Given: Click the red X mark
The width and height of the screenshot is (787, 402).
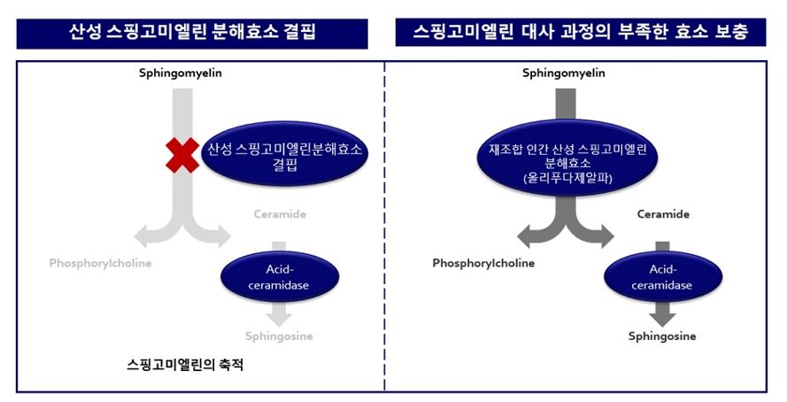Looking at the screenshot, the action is tap(182, 155).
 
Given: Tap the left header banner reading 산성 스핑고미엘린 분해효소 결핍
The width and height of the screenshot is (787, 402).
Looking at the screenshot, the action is tap(192, 35).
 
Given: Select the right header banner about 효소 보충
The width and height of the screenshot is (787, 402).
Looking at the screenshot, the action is tap(581, 33).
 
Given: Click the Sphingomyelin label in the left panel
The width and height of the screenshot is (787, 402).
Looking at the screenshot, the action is tap(181, 73).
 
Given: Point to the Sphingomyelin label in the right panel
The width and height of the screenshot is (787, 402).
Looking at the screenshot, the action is tap(564, 73).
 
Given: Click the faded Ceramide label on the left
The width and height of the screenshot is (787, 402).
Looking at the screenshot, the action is tap(280, 214).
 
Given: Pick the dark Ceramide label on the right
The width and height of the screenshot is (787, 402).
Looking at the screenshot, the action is tap(663, 214).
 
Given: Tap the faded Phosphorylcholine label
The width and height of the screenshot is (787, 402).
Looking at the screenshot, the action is tap(100, 264).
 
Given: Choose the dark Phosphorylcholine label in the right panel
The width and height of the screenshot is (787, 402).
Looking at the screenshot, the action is tap(483, 264).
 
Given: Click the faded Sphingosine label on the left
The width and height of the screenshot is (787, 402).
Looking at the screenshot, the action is tap(279, 336).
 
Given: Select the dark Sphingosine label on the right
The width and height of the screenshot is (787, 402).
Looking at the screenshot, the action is tap(662, 336).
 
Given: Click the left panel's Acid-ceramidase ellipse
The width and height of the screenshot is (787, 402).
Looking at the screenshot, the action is tap(280, 277).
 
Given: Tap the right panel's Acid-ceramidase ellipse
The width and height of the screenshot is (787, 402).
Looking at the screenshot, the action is tap(662, 277).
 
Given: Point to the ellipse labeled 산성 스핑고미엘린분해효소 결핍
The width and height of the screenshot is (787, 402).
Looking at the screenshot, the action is tap(284, 153).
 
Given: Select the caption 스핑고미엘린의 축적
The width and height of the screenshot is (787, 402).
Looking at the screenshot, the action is tap(185, 364).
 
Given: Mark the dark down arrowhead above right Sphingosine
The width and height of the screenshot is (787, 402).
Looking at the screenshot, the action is tap(662, 319).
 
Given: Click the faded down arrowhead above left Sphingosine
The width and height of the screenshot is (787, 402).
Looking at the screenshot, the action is tap(279, 319).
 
